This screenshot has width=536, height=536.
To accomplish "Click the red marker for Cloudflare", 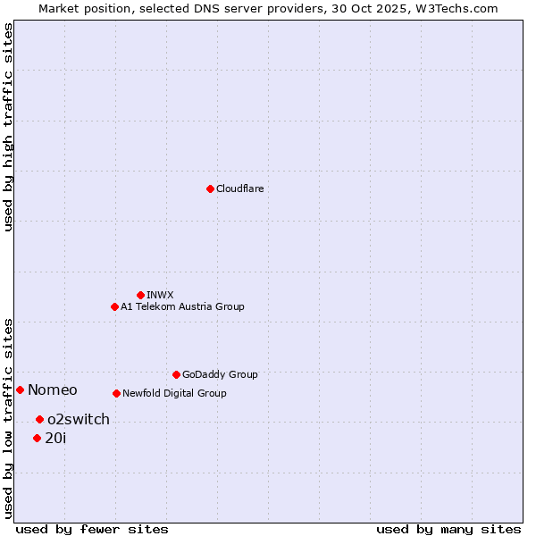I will (210, 188).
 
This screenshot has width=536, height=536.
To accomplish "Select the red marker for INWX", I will (140, 295).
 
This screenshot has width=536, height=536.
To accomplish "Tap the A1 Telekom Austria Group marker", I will (114, 306).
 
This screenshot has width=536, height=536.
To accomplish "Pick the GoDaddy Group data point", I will (176, 374).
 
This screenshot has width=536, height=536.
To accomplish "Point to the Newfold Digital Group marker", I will (116, 393).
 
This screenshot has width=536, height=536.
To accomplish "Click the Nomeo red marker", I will (20, 389).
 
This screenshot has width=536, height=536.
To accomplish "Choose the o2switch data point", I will (39, 419).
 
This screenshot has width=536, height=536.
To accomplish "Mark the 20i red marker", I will (37, 438).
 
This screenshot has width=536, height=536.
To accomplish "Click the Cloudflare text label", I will (240, 188).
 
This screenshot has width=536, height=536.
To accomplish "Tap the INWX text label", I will (160, 295).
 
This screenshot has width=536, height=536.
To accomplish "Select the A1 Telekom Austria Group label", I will (182, 306).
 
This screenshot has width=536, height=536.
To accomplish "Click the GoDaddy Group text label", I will (220, 374).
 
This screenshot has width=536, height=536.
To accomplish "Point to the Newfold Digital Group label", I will (174, 393).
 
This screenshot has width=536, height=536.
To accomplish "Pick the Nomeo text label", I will (53, 389).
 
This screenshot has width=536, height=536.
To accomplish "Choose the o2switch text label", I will (79, 419).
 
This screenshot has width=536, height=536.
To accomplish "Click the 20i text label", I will (55, 438).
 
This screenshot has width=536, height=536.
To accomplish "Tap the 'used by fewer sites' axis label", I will (92, 529).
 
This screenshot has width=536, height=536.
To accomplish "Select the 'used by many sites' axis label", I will (448, 529).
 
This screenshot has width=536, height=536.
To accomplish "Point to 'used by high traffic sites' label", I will (8, 127).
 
